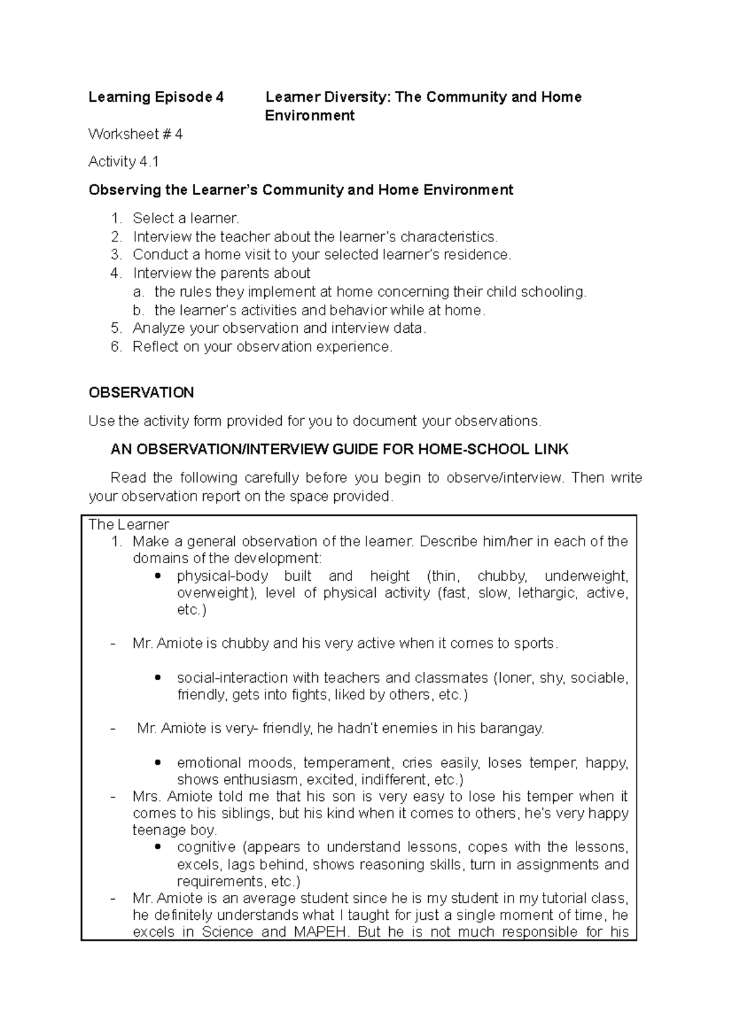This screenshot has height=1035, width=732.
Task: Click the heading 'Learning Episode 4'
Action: pos(156,97)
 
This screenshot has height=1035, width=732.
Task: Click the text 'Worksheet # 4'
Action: pos(135,134)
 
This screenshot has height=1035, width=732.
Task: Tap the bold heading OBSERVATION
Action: pos(141,393)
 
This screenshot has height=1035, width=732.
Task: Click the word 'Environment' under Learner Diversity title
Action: pos(309,116)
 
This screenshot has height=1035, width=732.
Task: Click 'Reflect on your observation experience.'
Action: pos(263,347)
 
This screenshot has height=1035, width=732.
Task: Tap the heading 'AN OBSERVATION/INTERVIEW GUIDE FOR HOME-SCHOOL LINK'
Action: pos(339,450)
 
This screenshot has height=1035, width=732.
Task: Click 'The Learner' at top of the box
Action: pos(129,525)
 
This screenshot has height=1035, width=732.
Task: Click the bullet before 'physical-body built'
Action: pos(159,576)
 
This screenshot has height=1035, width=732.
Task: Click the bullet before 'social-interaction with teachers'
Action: pos(159,678)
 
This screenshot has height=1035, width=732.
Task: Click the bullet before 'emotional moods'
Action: pos(159,763)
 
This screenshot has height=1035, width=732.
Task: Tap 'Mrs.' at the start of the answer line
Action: pos(146,797)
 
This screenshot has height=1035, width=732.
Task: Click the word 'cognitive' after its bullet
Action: pos(206,847)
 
